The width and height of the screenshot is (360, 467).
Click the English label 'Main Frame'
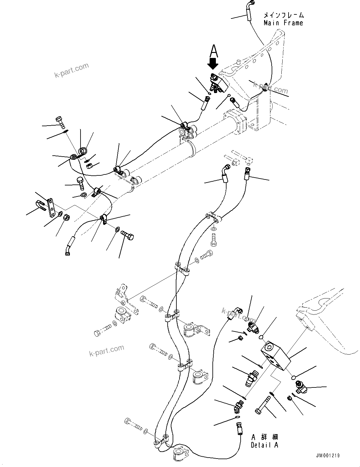(283, 23)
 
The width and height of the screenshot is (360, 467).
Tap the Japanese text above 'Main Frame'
(283, 15)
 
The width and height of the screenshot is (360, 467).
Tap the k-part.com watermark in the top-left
(72, 71)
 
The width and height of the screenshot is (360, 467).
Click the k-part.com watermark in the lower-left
(107, 351)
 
